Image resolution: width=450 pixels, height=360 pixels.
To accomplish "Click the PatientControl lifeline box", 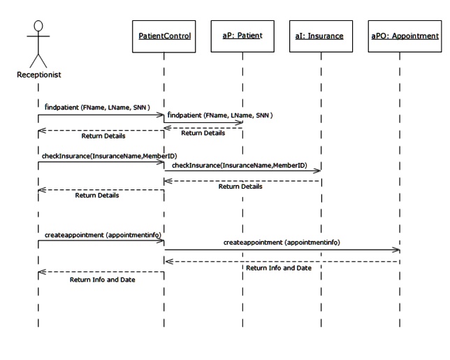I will [164, 36].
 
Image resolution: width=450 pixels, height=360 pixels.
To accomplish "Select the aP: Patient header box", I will [242, 36].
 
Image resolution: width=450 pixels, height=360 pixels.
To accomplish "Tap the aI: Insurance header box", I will [321, 36].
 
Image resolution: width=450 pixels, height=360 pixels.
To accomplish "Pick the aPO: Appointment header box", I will [400, 36].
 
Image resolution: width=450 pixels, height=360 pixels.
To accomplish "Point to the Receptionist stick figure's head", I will [38, 27].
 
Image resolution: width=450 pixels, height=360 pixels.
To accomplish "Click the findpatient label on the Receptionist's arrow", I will [87, 108].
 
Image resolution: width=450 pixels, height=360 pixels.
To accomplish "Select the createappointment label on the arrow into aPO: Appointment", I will [282, 242].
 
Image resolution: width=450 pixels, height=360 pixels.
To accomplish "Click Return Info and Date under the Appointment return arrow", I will [279, 268].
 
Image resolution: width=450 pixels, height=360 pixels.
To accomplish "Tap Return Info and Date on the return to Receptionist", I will [103, 280].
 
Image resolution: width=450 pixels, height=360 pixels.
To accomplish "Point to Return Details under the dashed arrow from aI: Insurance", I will [240, 187].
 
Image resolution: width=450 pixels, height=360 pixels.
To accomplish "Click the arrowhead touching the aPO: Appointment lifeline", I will [396, 250].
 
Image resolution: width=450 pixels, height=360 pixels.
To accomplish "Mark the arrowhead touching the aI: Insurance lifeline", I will [318, 170].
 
